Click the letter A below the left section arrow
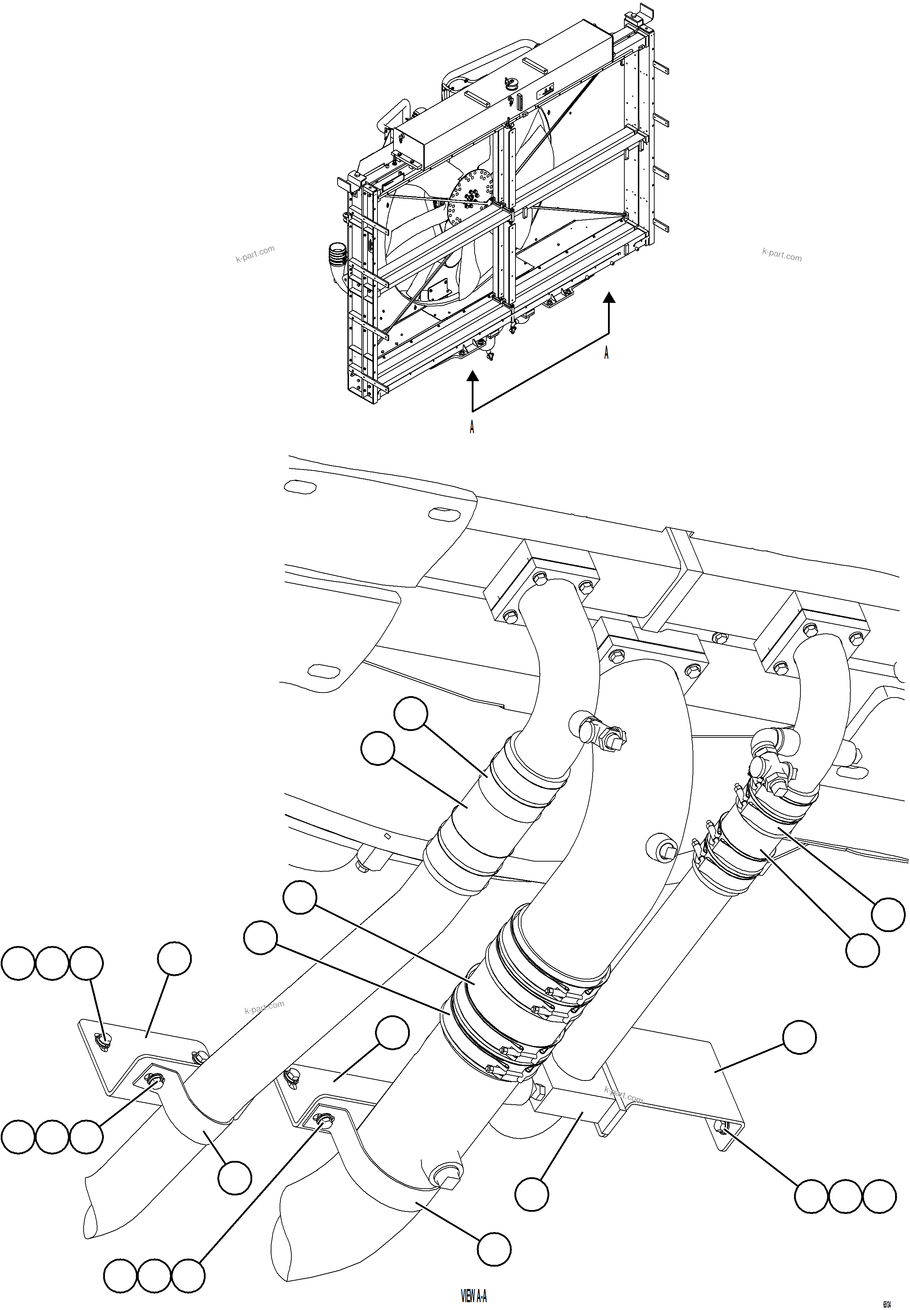coord(472,427)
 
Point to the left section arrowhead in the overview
coord(472,375)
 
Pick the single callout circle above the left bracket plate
coord(174,959)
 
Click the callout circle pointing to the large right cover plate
coord(799,1037)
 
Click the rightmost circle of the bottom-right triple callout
coord(879,1196)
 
